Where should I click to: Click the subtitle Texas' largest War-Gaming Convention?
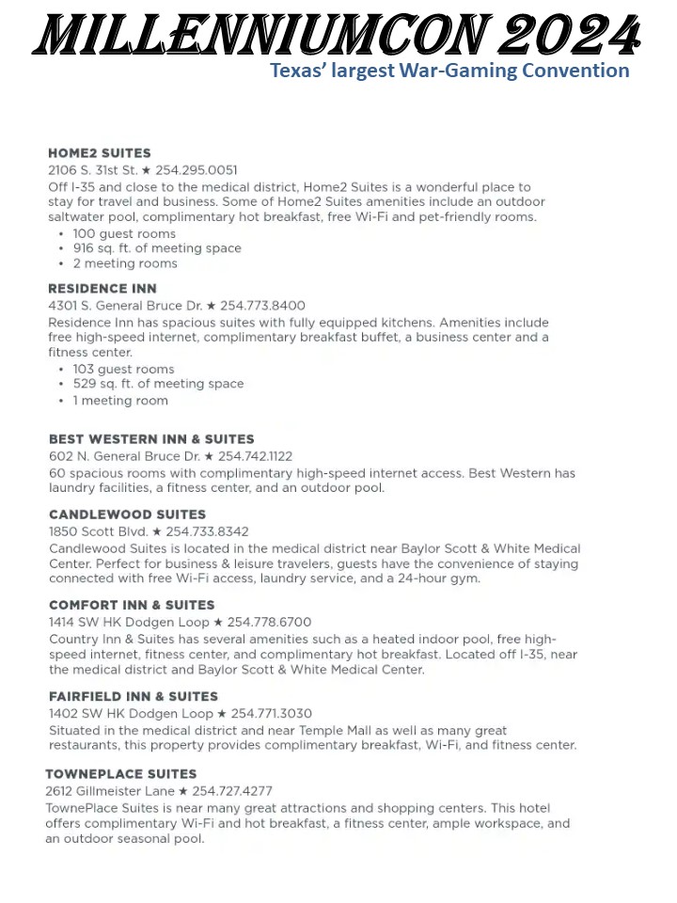[449, 71]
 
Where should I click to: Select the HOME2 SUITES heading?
[100, 153]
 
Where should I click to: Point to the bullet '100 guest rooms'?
[124, 233]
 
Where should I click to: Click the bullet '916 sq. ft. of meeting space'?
[157, 248]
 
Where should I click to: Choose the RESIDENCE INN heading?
[102, 289]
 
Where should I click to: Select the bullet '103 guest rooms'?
[123, 369]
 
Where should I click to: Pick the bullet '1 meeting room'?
[120, 400]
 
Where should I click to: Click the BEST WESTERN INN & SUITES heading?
[151, 439]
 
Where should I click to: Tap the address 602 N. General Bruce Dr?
[124, 456]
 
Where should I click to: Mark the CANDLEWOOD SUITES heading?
[127, 515]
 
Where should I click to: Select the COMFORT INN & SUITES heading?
[132, 605]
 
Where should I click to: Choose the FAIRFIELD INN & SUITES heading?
[134, 697]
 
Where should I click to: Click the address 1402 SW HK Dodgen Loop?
[131, 714]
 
